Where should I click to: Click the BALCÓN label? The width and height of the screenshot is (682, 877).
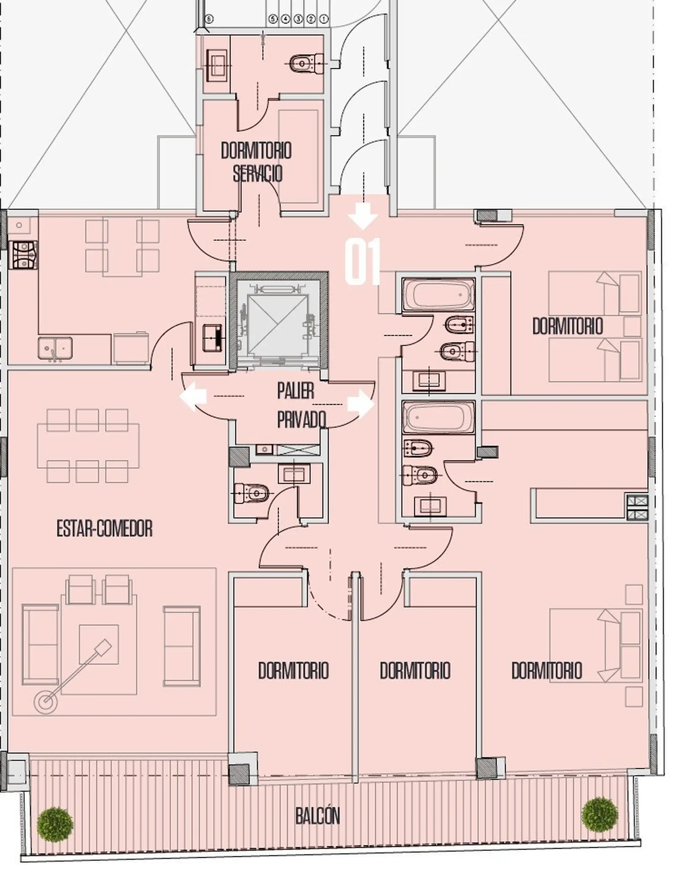coord(317,815)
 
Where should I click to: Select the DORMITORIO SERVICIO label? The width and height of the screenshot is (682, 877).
coord(256,162)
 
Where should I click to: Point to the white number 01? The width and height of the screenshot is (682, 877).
coord(362,262)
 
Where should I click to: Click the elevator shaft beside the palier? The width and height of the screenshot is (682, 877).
coord(279,320)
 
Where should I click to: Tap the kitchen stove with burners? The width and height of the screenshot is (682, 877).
coord(24,255)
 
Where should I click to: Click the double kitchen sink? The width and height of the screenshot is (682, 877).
coord(55,348)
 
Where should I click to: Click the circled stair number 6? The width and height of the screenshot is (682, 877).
coord(209,19)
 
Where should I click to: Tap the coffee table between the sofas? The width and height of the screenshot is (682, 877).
coord(99,644)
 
